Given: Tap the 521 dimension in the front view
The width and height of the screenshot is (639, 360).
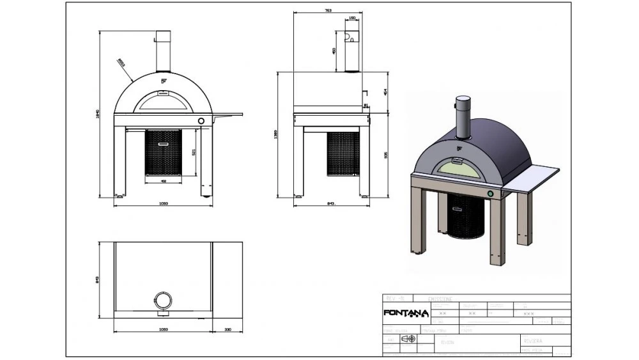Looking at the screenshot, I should click(193, 152).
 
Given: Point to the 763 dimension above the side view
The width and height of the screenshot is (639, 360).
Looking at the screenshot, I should click(328, 11).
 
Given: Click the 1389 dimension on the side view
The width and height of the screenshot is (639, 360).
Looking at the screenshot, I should click(275, 134).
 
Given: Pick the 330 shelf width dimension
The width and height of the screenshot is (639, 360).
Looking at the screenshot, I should click(228, 330).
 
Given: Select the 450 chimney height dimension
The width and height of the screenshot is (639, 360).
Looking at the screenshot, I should click(334, 51).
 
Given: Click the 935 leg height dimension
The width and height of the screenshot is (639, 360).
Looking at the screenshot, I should click(385, 155).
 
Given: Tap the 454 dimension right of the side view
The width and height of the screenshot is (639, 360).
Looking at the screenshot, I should click(385, 92).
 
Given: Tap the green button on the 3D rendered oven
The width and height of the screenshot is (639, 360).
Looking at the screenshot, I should click(490, 193).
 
